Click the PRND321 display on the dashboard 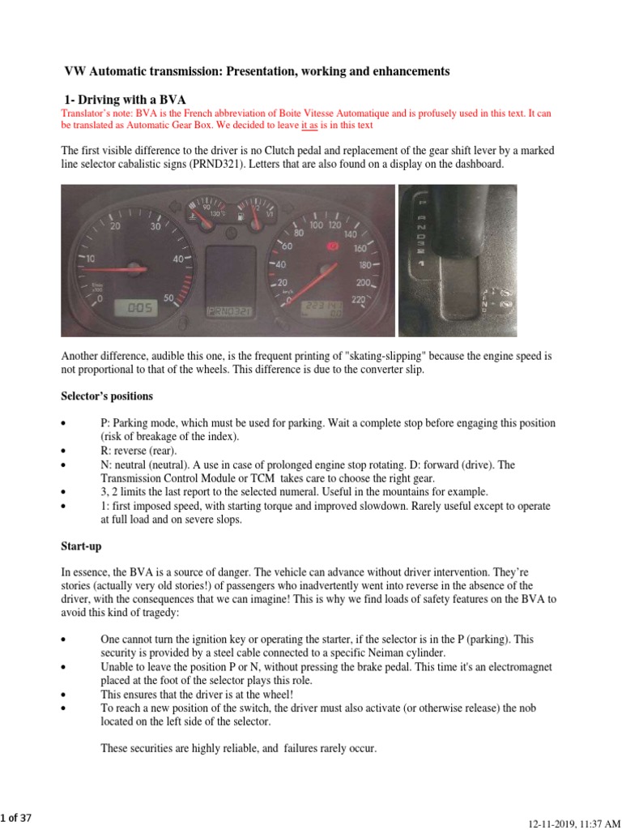(229, 310)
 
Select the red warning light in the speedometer (330, 243)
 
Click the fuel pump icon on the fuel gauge (241, 216)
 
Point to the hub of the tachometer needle (146, 268)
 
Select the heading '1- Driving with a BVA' (125, 98)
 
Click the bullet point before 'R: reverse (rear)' (64, 451)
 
